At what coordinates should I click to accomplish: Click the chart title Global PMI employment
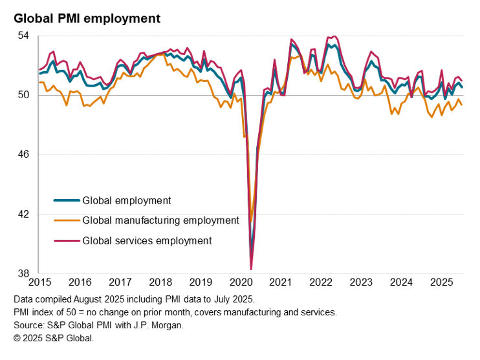pyautogui.click(x=87, y=19)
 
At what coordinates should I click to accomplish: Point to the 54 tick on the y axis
pyautogui.click(x=23, y=36)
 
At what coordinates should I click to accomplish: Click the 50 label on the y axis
pyautogui.click(x=23, y=95)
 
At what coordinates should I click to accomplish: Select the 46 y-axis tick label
pyautogui.click(x=23, y=154)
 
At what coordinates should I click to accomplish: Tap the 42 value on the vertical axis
pyautogui.click(x=23, y=214)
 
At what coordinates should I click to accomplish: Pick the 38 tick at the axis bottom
pyautogui.click(x=23, y=273)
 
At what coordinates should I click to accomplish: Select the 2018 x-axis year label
pyautogui.click(x=160, y=282)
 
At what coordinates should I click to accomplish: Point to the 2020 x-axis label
pyautogui.click(x=241, y=282)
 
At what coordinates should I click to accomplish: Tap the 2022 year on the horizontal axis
pyautogui.click(x=321, y=282)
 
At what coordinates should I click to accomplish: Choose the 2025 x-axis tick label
pyautogui.click(x=442, y=282)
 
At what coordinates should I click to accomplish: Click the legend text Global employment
pyautogui.click(x=127, y=200)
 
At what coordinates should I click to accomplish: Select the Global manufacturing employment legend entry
pyautogui.click(x=160, y=220)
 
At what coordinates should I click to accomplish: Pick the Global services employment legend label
pyautogui.click(x=147, y=240)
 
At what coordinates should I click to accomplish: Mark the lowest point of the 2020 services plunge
pyautogui.click(x=251, y=269)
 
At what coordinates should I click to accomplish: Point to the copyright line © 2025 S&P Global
pyautogui.click(x=54, y=338)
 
